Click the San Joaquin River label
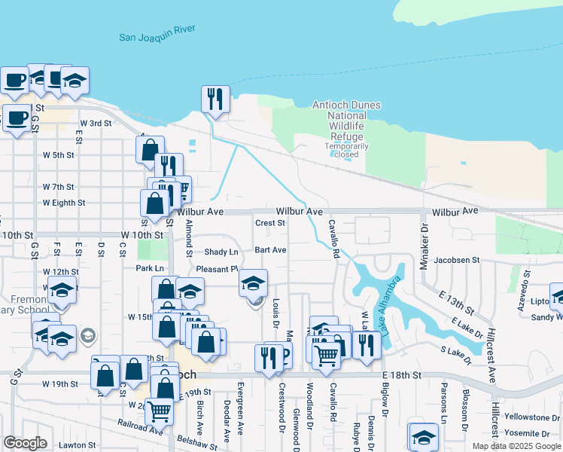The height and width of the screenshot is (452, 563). pos(157,33)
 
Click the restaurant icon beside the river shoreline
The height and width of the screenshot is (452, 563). pos(215,99)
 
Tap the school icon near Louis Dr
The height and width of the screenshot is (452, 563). pos(254,283)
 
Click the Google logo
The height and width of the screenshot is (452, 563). pos(25,443)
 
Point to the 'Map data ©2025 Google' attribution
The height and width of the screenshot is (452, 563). pos(516,446)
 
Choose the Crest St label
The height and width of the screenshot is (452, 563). pos(270,223)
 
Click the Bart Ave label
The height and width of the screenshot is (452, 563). pos(270,249)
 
